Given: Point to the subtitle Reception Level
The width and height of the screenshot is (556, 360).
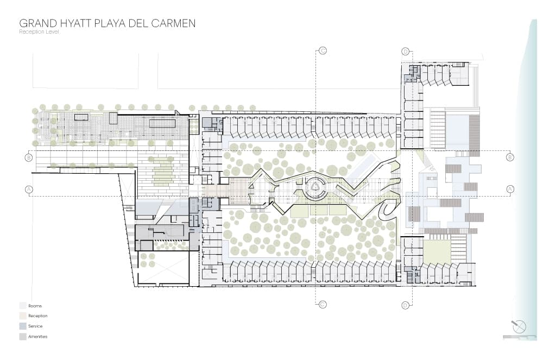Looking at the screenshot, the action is (39, 32).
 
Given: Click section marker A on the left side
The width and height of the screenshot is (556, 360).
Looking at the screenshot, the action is (29, 190).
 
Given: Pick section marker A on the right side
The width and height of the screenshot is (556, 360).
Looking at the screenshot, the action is (510, 189).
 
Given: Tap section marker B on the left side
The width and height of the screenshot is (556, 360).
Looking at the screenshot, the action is (29, 157).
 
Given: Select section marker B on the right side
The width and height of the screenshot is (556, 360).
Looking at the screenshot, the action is (510, 157).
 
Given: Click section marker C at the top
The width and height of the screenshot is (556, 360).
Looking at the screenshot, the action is (323, 50).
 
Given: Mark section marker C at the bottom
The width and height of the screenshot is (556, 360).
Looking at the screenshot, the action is (323, 304).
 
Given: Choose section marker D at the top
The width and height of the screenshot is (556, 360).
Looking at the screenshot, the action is (406, 52).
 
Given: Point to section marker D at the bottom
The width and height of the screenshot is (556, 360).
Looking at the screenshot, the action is (406, 305).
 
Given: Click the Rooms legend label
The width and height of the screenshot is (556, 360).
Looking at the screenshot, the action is (35, 306).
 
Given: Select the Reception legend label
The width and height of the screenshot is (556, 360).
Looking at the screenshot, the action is (38, 315).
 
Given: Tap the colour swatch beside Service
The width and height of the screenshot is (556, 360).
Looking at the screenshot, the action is (23, 326).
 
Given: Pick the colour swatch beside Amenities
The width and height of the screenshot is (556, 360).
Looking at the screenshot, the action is (23, 337).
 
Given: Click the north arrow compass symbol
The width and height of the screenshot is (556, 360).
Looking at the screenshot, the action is (519, 326).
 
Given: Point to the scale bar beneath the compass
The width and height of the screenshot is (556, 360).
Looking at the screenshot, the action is (520, 336).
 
